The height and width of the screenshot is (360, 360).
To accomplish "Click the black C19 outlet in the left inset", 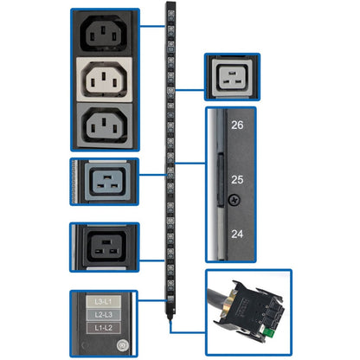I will click(104, 245).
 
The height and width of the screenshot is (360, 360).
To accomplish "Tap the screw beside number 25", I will click(230, 198).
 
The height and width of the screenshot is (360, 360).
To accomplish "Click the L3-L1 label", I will click(104, 299).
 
